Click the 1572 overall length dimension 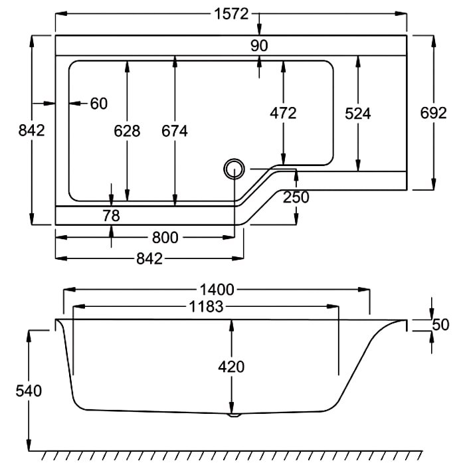[x=231, y=14]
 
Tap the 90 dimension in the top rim [x=259, y=46]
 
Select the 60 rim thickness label [x=99, y=104]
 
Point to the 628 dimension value [x=127, y=131]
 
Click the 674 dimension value [x=175, y=131]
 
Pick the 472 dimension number [x=283, y=113]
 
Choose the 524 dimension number [x=358, y=114]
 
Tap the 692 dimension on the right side [x=434, y=113]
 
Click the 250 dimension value [x=296, y=197]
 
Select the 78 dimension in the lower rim [x=111, y=216]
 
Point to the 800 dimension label [x=165, y=238]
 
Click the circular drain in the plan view [x=234, y=169]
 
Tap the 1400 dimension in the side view [x=217, y=290]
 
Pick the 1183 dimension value [x=206, y=307]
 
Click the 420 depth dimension [x=231, y=367]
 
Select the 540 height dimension [x=29, y=391]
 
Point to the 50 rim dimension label [x=440, y=325]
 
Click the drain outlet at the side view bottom [x=234, y=415]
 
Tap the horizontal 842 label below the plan [x=149, y=259]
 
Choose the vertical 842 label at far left [x=32, y=130]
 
